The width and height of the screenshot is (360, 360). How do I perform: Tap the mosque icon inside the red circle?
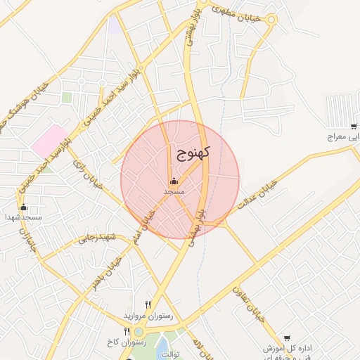coord(174,181)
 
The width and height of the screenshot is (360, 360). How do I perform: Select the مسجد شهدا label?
coord(25,217)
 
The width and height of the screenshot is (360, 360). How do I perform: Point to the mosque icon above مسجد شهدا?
coord(24,207)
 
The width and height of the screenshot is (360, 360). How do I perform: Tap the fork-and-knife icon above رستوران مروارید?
coord(148,304)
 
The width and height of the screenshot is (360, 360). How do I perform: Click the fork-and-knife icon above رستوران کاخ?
coord(127,331)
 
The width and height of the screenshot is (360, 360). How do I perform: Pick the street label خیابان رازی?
coord(87,173)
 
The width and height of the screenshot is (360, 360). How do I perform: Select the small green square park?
coord(67,98)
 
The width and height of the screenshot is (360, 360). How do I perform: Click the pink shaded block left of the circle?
coord(49,141)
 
